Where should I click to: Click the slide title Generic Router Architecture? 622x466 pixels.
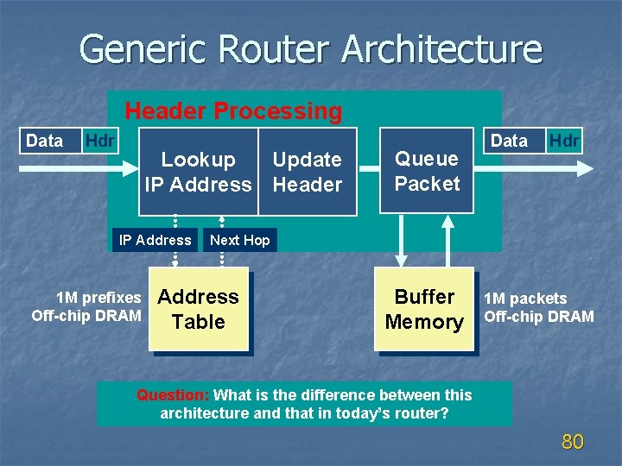click(310, 49)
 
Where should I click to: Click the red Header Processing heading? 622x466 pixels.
click(233, 111)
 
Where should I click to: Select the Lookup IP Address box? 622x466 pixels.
click(199, 172)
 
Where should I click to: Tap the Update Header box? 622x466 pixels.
click(308, 172)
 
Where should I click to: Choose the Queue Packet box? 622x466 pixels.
click(427, 171)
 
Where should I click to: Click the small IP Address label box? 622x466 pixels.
click(155, 240)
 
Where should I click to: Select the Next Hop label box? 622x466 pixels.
click(240, 240)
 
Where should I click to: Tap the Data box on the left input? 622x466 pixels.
click(44, 141)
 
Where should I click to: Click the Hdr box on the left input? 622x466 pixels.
click(99, 141)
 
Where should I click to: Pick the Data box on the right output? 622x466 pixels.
click(509, 141)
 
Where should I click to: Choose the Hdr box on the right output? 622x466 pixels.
click(565, 141)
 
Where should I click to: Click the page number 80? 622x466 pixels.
click(573, 443)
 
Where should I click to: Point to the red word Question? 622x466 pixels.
click(173, 395)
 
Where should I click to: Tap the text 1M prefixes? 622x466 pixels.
click(98, 299)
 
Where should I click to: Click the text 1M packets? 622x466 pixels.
click(525, 299)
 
